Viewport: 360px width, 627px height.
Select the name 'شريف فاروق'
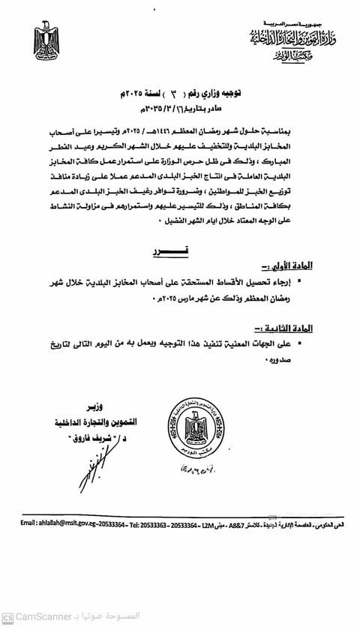coord(68,441)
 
